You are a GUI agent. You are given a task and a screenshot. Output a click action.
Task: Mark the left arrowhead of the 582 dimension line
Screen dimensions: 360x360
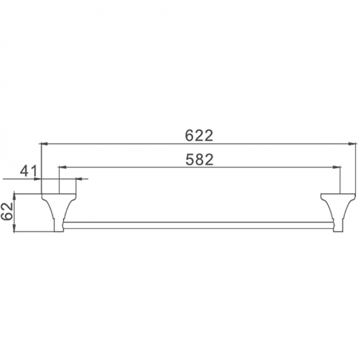click(62, 167)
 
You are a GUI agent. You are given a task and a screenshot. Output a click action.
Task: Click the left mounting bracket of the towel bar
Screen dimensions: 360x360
click(55, 208)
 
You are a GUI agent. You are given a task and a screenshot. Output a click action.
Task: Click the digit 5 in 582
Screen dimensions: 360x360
click(188, 158)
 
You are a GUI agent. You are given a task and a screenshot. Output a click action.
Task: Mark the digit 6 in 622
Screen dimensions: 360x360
click(188, 135)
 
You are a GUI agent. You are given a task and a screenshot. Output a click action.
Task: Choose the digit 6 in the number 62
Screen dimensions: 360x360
click(9, 216)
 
